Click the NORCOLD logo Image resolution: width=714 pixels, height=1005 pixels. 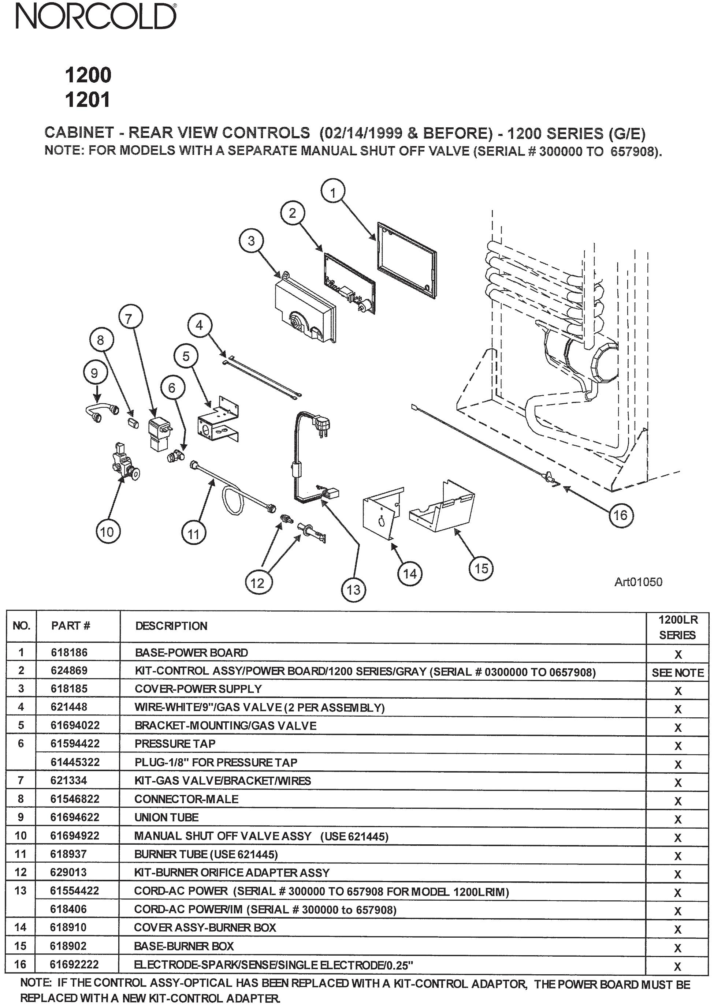click(x=96, y=18)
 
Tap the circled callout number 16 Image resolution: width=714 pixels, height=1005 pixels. click(x=620, y=515)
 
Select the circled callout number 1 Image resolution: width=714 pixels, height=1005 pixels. click(x=333, y=193)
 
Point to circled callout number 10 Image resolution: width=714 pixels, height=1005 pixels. click(x=107, y=532)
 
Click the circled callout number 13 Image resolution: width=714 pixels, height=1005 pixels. click(x=354, y=589)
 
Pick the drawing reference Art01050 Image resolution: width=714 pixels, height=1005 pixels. click(x=638, y=582)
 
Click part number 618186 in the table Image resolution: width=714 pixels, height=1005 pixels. click(x=69, y=653)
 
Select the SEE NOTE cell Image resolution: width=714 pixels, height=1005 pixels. click(x=677, y=672)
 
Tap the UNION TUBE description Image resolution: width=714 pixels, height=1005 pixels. click(x=167, y=817)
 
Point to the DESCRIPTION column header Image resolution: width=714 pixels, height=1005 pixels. click(x=171, y=626)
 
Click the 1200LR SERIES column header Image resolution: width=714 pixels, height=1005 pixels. click(x=677, y=627)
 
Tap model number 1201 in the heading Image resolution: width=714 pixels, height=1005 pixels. click(x=88, y=100)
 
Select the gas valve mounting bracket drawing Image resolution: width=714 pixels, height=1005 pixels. click(x=217, y=421)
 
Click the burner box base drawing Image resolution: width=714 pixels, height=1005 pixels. click(x=442, y=510)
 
